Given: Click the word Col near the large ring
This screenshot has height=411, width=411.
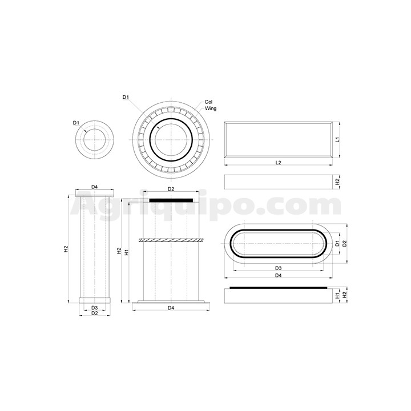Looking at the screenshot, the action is click(x=208, y=102).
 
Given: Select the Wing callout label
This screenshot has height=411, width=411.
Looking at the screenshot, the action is click(x=211, y=108).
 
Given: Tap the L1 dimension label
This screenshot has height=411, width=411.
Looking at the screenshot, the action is click(x=338, y=139).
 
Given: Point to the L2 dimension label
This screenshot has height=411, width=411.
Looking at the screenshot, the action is click(x=279, y=163).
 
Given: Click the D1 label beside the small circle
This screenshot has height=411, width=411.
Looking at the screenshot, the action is click(x=76, y=123).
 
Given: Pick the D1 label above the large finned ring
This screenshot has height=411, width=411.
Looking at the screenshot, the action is click(x=126, y=97).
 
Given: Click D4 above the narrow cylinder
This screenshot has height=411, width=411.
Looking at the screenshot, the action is click(x=94, y=187).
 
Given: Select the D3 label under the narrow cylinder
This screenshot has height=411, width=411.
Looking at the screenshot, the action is click(x=94, y=308).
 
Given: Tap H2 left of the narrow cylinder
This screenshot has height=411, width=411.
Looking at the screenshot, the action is click(x=66, y=249).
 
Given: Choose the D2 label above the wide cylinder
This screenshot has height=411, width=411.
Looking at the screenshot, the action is click(x=171, y=189).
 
